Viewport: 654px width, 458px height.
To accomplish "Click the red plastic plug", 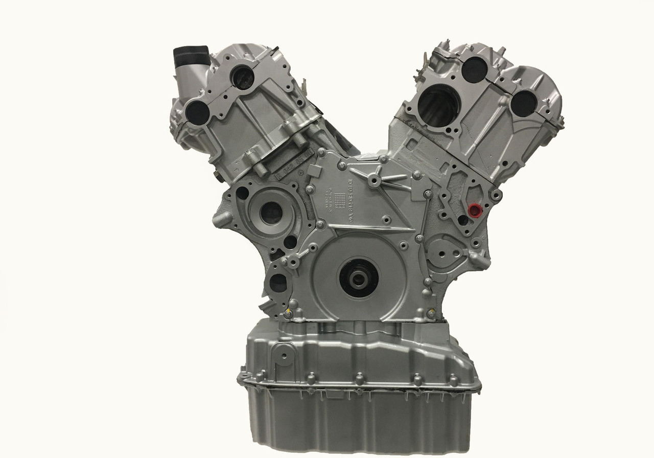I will pos(475,210).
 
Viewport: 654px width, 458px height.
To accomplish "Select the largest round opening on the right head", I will pos(438,105).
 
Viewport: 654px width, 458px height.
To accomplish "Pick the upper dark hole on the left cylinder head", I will pos(242,77).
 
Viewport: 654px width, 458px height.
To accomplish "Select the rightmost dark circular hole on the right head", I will pos(524,103).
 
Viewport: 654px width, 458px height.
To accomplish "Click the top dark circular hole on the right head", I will pos(475,70).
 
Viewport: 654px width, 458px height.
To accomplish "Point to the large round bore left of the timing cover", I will pos(271,212).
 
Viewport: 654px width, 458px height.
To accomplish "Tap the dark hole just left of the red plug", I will pos(462,220).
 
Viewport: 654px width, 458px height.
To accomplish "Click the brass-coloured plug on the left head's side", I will pos(219,178).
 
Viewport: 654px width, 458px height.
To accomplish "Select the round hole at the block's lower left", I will pos(278,283).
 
